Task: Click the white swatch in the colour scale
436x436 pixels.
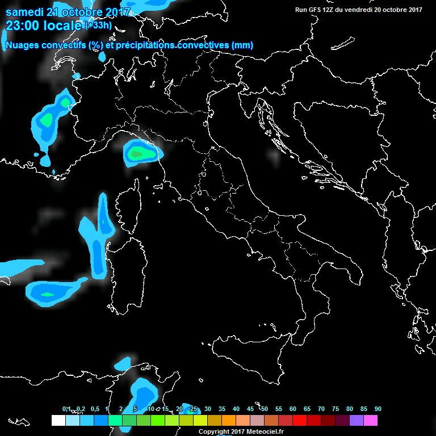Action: [58, 420]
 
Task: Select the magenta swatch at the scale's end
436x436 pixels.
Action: [371, 420]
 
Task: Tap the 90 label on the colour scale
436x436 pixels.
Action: [378, 409]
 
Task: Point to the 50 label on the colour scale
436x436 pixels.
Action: [265, 409]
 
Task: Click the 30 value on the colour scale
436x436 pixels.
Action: [208, 409]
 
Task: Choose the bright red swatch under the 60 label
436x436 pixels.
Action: [300, 420]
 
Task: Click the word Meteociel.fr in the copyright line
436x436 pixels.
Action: [270, 432]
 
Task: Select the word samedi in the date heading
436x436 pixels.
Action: [23, 12]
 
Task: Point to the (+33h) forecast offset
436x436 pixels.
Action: [98, 25]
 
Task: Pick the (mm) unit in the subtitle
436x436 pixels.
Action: [242, 45]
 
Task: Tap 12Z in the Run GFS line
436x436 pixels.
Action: [334, 10]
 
